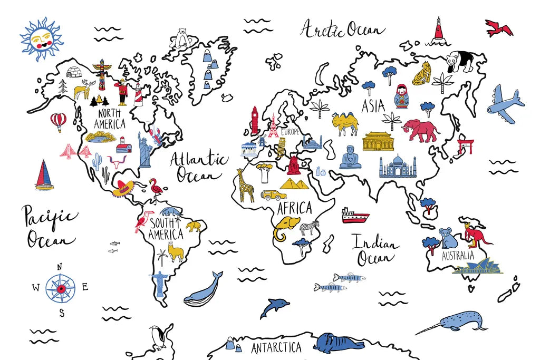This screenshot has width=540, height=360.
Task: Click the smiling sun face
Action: (x=41, y=40)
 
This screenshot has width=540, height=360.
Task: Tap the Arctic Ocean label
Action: (x=342, y=29)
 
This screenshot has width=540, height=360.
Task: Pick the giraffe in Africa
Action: (x=245, y=185)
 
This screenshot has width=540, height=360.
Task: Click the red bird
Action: (x=499, y=27)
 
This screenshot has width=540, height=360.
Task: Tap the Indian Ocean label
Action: (x=374, y=250)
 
